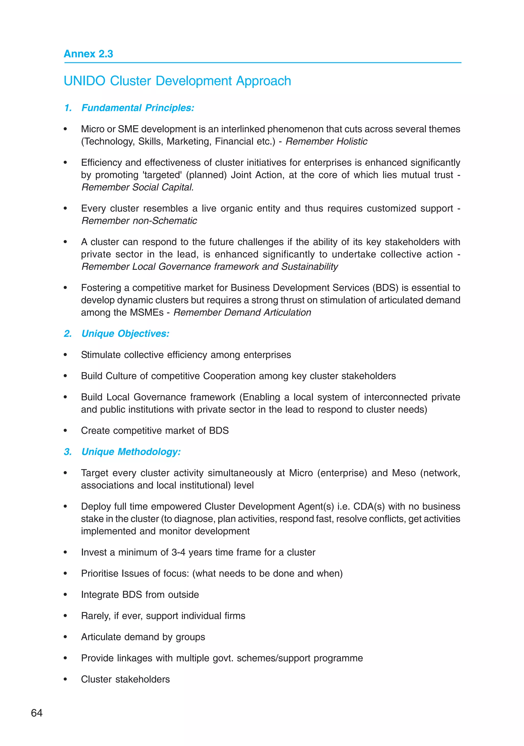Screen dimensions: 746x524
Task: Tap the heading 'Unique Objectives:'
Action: point(125,334)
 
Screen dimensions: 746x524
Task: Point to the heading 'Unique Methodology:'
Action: point(131,452)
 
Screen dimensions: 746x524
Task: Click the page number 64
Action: point(37,713)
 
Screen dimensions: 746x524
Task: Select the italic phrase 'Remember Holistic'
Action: point(326,142)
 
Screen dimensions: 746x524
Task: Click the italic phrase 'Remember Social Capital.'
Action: point(137,187)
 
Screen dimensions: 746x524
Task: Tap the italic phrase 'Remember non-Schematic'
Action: point(139,221)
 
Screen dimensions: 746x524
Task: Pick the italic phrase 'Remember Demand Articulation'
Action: point(242,313)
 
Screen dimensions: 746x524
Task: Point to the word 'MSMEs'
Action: point(147,313)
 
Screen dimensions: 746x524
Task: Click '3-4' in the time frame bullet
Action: point(178,552)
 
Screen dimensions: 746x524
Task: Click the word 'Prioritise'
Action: point(100,573)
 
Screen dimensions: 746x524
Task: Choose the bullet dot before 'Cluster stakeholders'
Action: point(65,680)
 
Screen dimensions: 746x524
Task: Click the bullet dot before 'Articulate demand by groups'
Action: point(65,637)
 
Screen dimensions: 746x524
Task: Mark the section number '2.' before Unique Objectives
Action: point(68,334)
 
